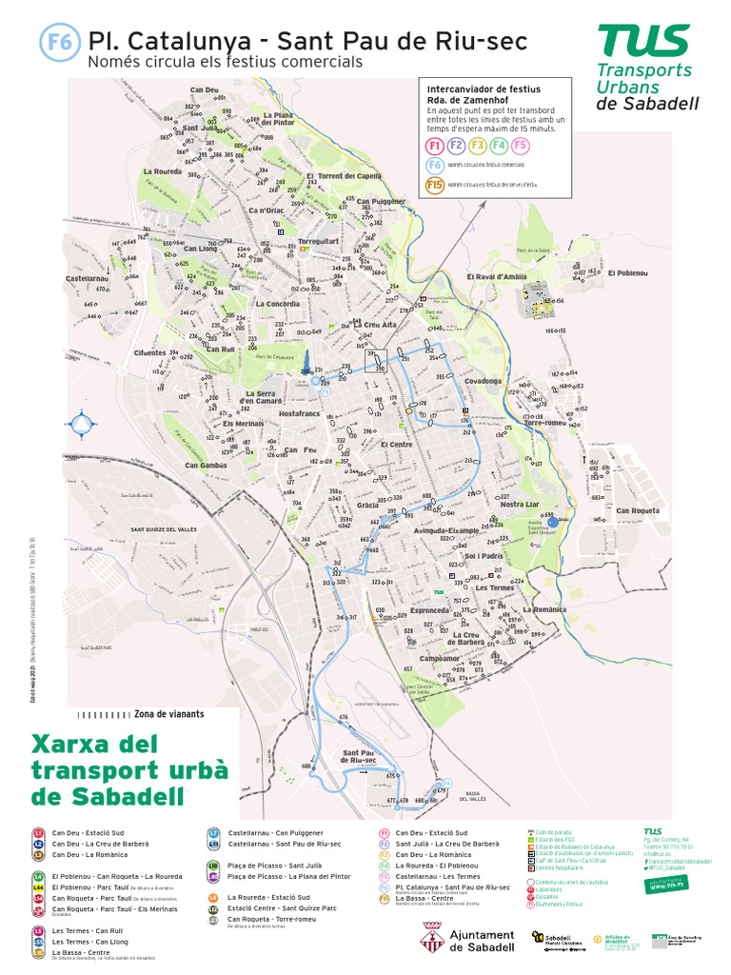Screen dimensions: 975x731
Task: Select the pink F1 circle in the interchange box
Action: tap(435, 146)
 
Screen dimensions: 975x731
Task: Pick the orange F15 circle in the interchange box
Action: tap(435, 185)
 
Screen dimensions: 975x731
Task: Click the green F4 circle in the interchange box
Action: tap(499, 146)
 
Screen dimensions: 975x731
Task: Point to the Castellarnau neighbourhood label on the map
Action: tap(90, 278)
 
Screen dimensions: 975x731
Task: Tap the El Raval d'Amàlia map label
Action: tap(496, 276)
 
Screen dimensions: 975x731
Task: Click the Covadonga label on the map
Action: tap(483, 380)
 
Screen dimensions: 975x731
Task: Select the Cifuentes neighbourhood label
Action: tap(149, 352)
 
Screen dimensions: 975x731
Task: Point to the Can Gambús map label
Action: tap(207, 466)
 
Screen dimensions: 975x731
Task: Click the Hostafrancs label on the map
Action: tap(300, 414)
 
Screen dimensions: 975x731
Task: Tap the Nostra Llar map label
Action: tap(520, 504)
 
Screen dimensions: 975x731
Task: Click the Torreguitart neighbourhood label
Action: tap(318, 241)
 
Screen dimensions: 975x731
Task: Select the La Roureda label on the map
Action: tap(163, 172)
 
